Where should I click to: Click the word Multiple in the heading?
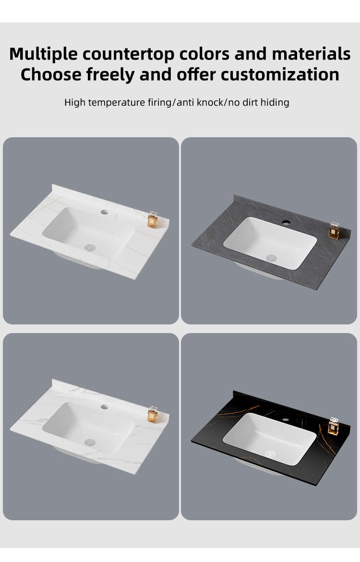43,54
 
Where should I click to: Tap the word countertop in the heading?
128,54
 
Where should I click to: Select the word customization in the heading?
280,74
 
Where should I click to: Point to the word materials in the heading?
311,54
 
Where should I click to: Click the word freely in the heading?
110,75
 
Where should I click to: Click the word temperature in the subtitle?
117,103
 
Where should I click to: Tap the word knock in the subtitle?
209,103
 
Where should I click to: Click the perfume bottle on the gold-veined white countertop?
153,220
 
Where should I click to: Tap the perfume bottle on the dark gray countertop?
334,230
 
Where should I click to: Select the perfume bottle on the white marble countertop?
153,414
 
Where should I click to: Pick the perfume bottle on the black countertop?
334,426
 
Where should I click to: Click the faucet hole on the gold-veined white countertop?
104,212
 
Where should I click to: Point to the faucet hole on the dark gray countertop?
286,222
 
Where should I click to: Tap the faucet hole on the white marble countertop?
104,407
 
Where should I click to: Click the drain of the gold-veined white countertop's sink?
90,247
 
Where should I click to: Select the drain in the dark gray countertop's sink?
271,258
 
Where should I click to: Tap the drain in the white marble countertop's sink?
90,442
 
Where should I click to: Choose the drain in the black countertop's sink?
270,454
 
